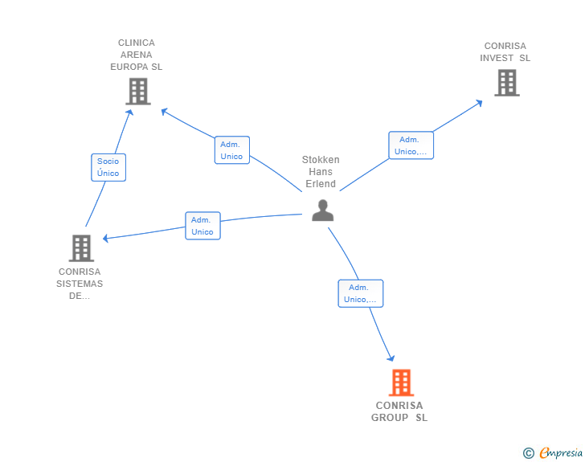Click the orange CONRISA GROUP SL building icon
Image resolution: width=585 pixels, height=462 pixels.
(x=401, y=382)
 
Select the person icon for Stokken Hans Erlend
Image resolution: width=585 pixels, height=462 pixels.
(x=323, y=210)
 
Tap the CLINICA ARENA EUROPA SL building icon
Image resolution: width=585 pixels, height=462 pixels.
(x=138, y=91)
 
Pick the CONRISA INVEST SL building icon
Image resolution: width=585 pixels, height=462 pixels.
(x=507, y=83)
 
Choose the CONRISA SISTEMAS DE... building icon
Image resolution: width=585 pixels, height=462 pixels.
(x=81, y=247)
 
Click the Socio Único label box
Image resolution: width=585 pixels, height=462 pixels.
(x=108, y=167)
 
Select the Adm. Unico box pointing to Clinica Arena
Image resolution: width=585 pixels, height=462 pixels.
(x=232, y=150)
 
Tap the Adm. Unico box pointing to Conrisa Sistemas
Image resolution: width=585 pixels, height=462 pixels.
(x=203, y=226)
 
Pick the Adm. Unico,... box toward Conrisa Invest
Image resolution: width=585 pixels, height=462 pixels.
(x=411, y=145)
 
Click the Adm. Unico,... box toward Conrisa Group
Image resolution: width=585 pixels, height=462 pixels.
(x=361, y=293)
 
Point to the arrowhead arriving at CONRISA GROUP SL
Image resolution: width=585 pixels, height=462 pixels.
(x=391, y=358)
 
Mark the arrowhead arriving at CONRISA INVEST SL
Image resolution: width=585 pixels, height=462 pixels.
(x=479, y=103)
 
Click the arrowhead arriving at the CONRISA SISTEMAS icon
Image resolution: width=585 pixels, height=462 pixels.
(x=105, y=238)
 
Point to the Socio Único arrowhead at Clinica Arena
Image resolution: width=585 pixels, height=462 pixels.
(x=129, y=112)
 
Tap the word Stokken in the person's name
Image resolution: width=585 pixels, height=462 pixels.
(x=321, y=160)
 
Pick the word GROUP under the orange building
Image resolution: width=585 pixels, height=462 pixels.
(x=390, y=418)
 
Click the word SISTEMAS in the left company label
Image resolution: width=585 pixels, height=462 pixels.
(x=80, y=284)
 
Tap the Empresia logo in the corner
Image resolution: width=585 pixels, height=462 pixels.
(x=553, y=452)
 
